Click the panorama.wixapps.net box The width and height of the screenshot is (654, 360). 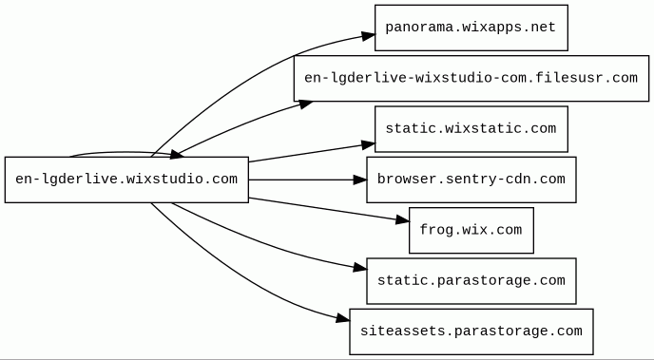pyautogui.click(x=471, y=28)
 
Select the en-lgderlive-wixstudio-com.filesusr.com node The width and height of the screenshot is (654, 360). pyautogui.click(x=471, y=78)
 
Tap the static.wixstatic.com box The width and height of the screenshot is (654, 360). pyautogui.click(x=471, y=129)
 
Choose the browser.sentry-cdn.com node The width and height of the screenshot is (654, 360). pyautogui.click(x=471, y=180)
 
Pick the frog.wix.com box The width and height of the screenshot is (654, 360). pyautogui.click(x=471, y=230)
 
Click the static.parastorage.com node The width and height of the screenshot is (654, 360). pyautogui.click(x=471, y=281)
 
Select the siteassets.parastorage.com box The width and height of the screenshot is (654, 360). pyautogui.click(x=471, y=332)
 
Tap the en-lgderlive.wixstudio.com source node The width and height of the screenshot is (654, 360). pyautogui.click(x=126, y=180)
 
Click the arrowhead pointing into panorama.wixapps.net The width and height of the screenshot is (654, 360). pyautogui.click(x=368, y=36)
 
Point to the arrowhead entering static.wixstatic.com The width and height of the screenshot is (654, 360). pyautogui.click(x=368, y=145)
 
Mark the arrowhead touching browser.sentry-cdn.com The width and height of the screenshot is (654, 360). pyautogui.click(x=359, y=180)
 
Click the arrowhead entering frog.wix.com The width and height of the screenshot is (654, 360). pyautogui.click(x=402, y=219)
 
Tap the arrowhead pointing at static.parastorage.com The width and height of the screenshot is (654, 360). pyautogui.click(x=360, y=268)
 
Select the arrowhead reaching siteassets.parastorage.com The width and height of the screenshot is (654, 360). pyautogui.click(x=342, y=318)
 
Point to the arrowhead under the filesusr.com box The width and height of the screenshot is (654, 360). pyautogui.click(x=306, y=104)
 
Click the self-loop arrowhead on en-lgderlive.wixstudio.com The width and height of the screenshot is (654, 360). pyautogui.click(x=177, y=155)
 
